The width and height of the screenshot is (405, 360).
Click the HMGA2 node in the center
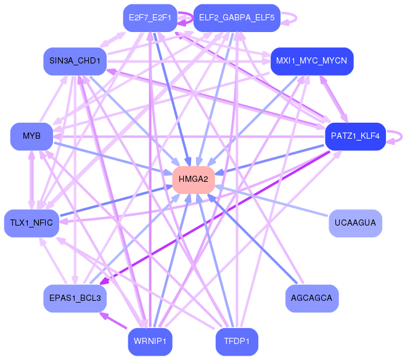pyautogui.click(x=193, y=179)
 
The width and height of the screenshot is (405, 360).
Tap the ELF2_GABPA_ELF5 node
pyautogui.click(x=237, y=18)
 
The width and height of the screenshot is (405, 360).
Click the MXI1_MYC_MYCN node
pyautogui.click(x=311, y=61)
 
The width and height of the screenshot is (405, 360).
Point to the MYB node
pyautogui.click(x=31, y=136)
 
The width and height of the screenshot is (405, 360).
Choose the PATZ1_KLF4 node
pyautogui.click(x=355, y=136)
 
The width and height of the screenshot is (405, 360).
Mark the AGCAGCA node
pyautogui.click(x=312, y=298)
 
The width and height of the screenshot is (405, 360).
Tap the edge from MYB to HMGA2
pyautogui.click(x=111, y=157)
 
